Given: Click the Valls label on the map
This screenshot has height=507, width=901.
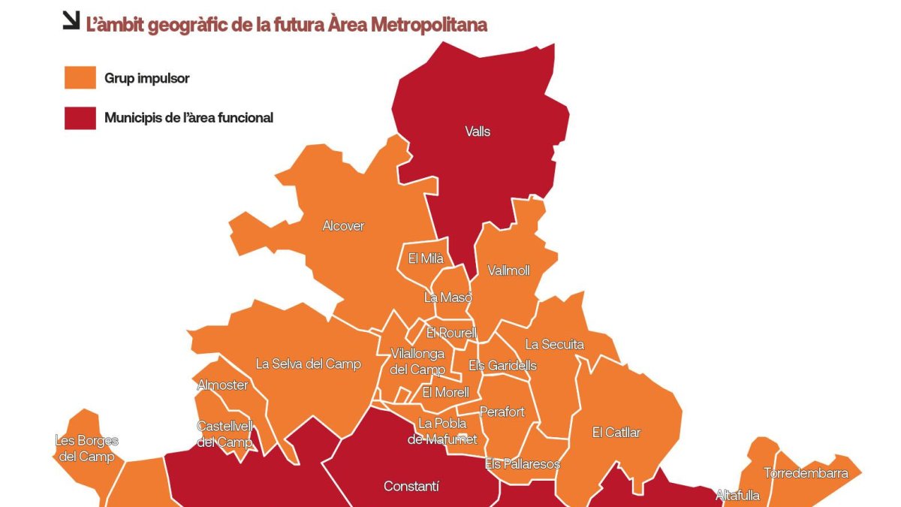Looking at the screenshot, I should click(x=478, y=131).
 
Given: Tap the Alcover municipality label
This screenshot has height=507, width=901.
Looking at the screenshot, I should click(x=343, y=225).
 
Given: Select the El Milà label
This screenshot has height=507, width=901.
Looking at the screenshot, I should click(x=426, y=258).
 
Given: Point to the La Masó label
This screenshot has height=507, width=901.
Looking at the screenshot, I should click(x=448, y=297).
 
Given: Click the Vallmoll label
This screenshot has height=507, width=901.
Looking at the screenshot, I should click(x=508, y=270).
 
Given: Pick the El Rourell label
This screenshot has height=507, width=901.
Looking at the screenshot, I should click(x=450, y=333).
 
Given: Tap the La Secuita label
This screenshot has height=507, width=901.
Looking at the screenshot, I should click(x=554, y=345).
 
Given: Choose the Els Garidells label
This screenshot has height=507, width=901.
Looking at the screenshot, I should click(x=502, y=366).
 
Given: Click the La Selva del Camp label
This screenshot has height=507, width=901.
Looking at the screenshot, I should click(x=308, y=364).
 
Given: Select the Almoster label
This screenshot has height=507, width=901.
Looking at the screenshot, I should click(x=222, y=385).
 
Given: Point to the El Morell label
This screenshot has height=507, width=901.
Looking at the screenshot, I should click(x=445, y=392).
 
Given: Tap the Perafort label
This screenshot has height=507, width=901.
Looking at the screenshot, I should click(x=502, y=412).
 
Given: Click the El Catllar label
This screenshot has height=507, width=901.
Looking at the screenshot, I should click(x=616, y=432).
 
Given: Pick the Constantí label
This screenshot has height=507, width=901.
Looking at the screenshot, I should click(x=411, y=487).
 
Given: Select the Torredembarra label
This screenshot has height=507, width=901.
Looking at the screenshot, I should click(x=806, y=473).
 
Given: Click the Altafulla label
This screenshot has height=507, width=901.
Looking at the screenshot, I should click(x=737, y=496).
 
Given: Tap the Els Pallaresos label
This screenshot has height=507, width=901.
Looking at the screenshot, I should click(x=523, y=464).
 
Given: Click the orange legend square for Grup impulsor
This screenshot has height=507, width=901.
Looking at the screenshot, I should click(x=80, y=77).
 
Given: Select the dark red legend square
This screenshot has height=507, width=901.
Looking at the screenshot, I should click(x=80, y=118).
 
